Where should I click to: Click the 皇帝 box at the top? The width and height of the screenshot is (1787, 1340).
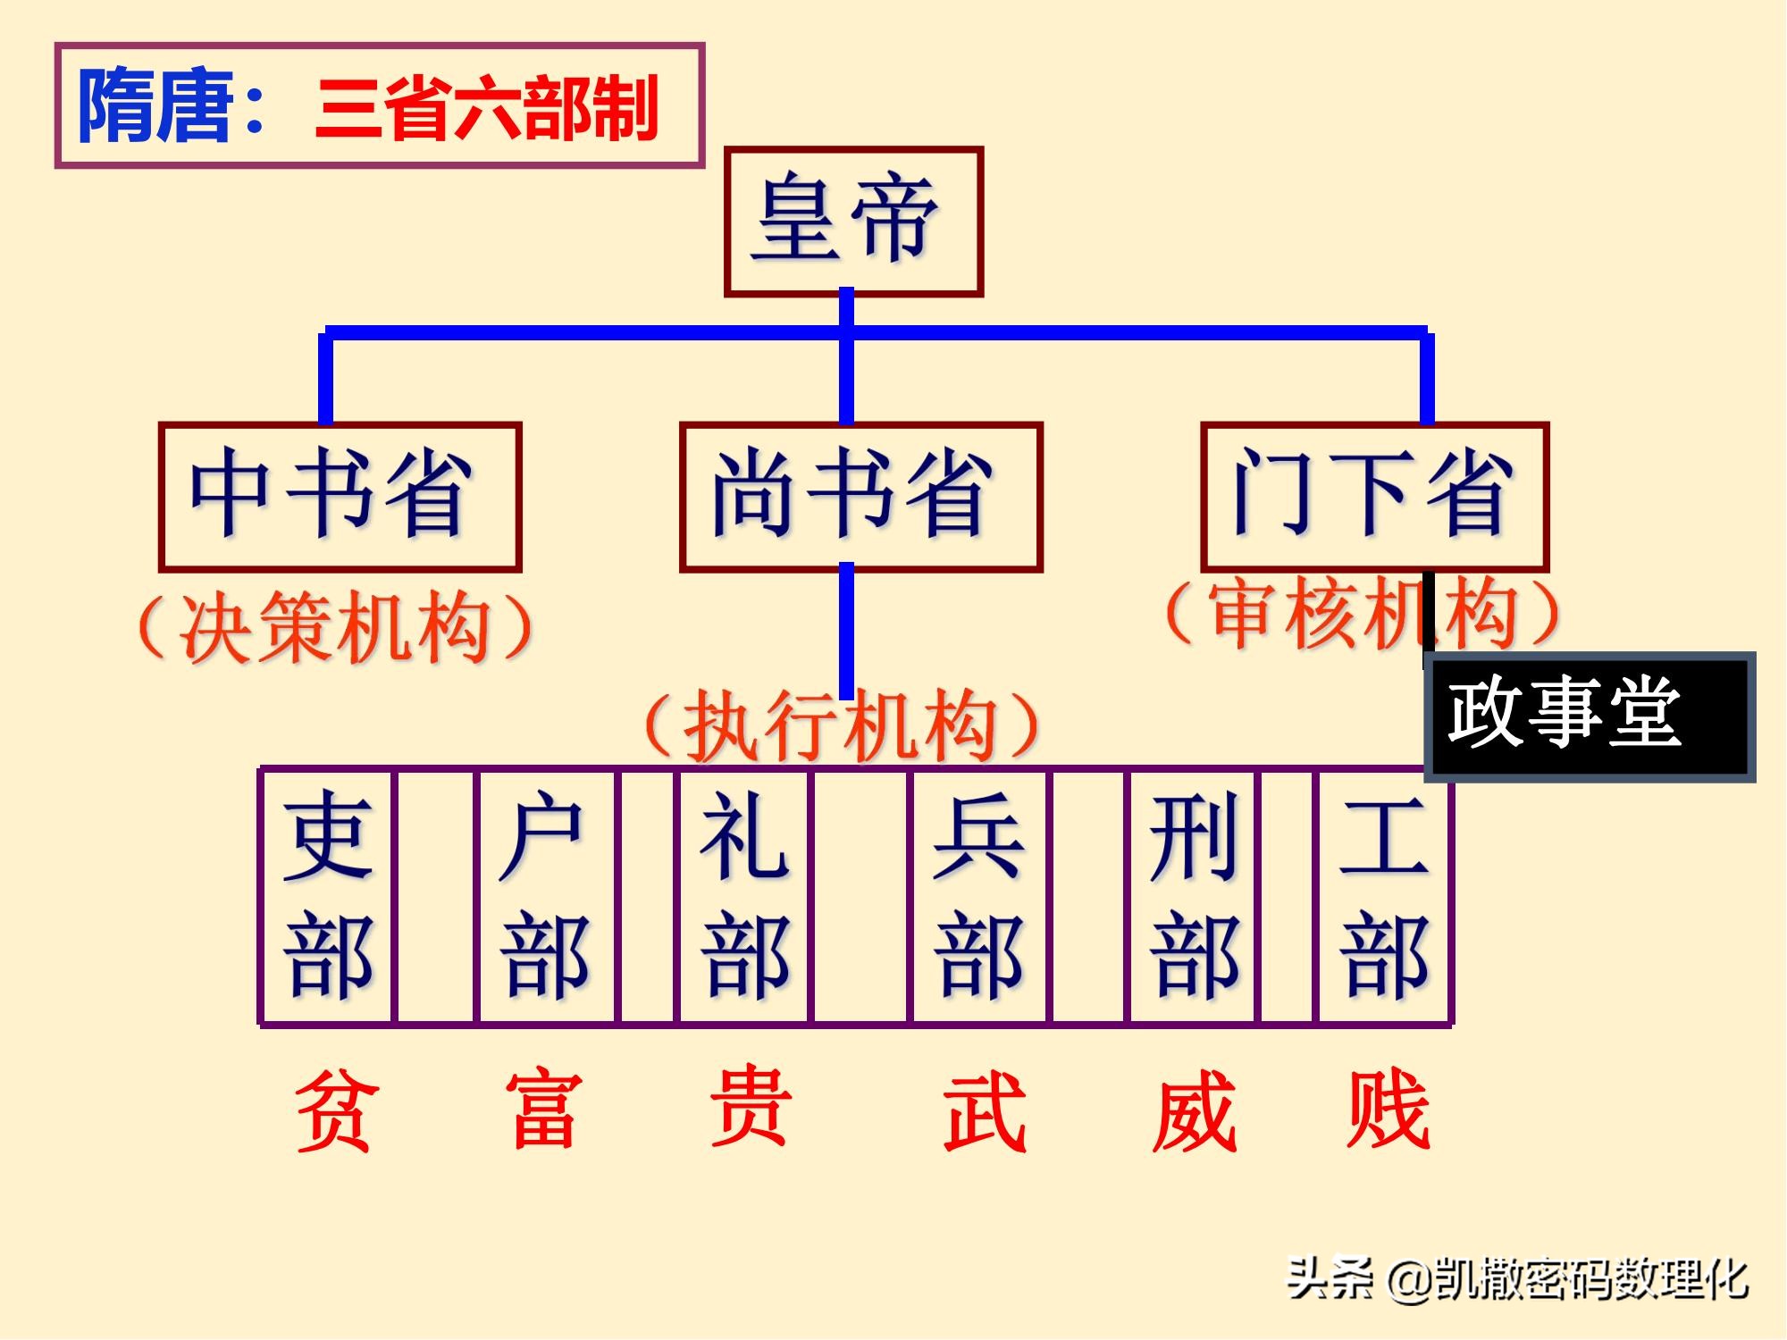click(853, 221)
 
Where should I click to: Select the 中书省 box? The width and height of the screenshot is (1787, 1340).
click(340, 496)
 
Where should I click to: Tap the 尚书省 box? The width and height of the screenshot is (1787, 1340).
click(860, 496)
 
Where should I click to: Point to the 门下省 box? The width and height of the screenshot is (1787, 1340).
click(1374, 496)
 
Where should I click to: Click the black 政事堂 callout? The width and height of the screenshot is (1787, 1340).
click(1589, 716)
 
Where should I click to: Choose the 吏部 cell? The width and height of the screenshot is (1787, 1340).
click(327, 895)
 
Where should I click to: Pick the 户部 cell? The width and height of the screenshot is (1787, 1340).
click(546, 895)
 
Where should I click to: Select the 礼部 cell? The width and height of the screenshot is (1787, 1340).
click(744, 895)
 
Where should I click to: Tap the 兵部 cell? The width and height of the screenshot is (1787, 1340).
click(978, 895)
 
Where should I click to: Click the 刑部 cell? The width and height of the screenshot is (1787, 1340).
click(1194, 895)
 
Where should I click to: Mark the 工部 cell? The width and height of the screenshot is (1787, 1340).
click(1383, 895)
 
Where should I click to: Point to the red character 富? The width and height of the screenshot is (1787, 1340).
click(544, 1110)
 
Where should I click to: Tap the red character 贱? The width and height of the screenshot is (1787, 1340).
click(1388, 1110)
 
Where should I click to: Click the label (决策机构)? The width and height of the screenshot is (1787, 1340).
click(336, 627)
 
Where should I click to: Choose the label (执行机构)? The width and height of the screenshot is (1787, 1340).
click(842, 725)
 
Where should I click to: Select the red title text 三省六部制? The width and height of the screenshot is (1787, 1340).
click(487, 109)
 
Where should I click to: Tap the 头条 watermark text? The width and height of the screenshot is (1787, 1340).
click(1329, 1278)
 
